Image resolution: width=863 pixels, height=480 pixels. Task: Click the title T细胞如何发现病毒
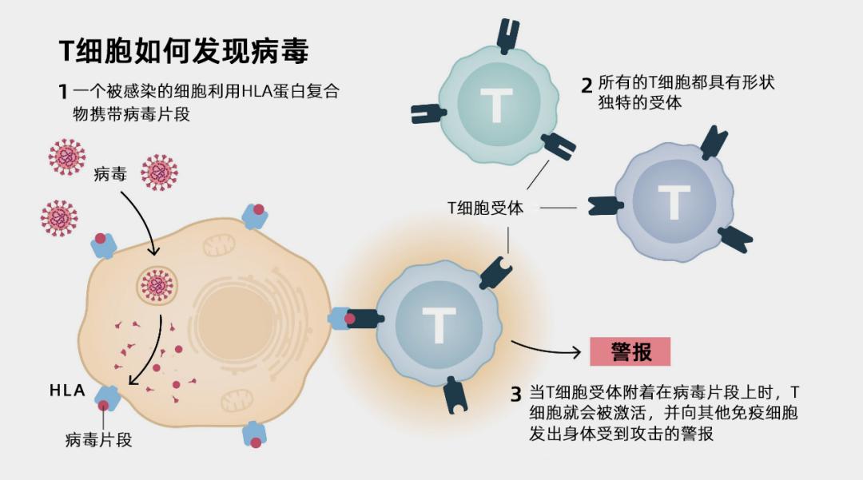[x=184, y=51]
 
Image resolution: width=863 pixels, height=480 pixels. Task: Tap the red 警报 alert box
[x=630, y=351]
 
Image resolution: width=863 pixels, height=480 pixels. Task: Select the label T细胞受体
[x=485, y=208]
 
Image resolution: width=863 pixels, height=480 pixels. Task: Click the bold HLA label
[x=68, y=391]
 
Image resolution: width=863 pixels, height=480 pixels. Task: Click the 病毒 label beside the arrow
[x=109, y=174]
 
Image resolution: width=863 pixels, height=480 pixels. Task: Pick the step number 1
[x=62, y=90]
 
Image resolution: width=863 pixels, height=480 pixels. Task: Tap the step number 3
[x=516, y=394]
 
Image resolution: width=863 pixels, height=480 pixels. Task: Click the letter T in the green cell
[x=495, y=105]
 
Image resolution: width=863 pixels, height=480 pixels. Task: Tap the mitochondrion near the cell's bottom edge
[x=237, y=402]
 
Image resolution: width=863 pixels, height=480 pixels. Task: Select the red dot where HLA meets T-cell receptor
[x=349, y=319]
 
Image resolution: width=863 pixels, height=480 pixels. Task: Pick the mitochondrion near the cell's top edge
[x=219, y=244]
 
